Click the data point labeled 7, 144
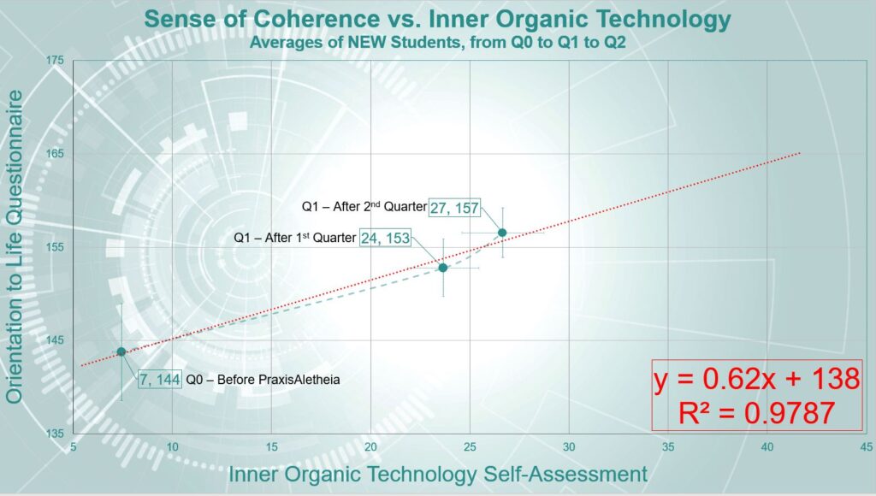pos(121,351)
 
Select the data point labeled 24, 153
pos(443,268)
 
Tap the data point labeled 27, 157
pos(502,233)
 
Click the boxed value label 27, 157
pos(454,208)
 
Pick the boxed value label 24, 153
pos(385,238)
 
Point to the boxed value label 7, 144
pos(160,380)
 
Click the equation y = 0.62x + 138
pos(756,379)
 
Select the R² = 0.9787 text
pos(756,413)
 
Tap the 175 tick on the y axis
pos(55,61)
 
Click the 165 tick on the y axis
pos(55,154)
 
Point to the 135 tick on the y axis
pos(55,434)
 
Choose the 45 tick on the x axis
pos(866,447)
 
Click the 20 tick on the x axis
pos(370,447)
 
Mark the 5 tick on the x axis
pos(74,447)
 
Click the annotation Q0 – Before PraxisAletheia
pos(263,380)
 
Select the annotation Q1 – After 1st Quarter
pos(294,238)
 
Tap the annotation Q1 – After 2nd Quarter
pos(364,207)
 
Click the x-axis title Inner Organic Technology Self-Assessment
pos(438,475)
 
